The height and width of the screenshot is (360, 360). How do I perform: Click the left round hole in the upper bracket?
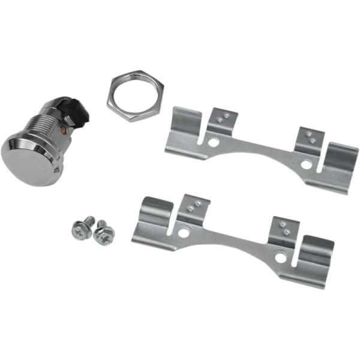click(x=213, y=143)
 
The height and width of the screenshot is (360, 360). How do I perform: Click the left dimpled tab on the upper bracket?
click(x=222, y=120)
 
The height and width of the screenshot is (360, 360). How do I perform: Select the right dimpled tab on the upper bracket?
click(x=311, y=139)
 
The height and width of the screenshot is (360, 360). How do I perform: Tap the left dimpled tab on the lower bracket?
click(x=193, y=208)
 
